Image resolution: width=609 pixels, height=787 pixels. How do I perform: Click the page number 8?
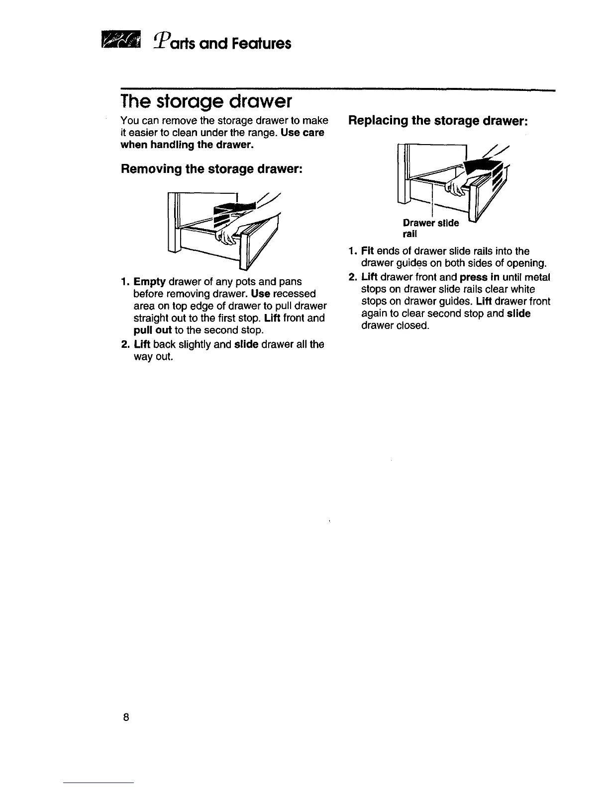tap(126, 717)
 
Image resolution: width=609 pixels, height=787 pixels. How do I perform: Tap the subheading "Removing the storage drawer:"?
tap(211, 169)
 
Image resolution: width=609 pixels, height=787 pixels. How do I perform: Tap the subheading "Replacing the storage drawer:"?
tap(437, 121)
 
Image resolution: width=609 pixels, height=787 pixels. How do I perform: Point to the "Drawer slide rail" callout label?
tap(430, 228)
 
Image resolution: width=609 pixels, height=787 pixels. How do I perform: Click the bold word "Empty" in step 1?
tap(149, 282)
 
